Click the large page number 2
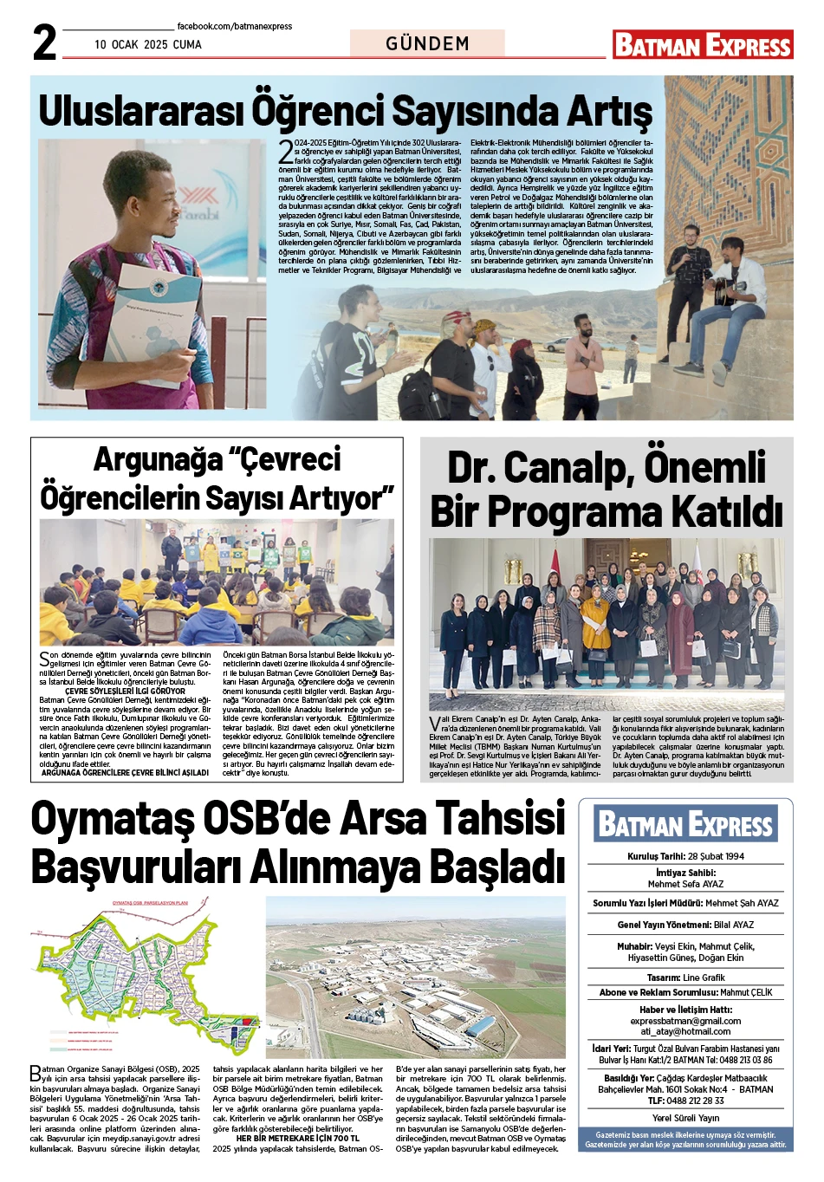(x=45, y=42)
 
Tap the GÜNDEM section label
(x=427, y=43)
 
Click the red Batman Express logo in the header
(x=703, y=45)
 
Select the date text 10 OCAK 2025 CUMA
(x=148, y=45)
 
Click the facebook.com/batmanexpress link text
(x=234, y=27)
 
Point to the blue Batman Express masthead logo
(x=685, y=824)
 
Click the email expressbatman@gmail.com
(x=685, y=1021)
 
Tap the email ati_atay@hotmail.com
(x=685, y=1031)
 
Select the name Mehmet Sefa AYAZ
(x=685, y=884)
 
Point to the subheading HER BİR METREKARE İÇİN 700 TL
(x=297, y=1138)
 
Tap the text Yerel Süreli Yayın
(x=685, y=1118)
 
